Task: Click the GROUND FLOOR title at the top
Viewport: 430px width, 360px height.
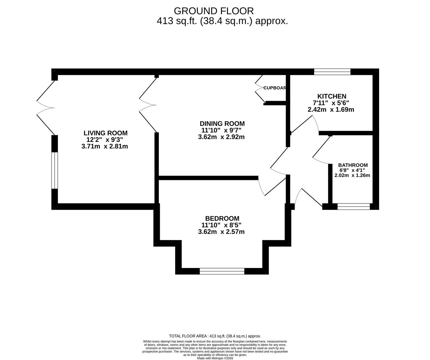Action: (214, 11)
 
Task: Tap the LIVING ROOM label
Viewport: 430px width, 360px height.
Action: (105, 133)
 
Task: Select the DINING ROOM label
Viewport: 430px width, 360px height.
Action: (222, 124)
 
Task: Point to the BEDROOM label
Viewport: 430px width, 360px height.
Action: (222, 218)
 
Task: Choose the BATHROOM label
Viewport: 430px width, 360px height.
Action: (353, 165)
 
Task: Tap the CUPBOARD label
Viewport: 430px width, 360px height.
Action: (275, 88)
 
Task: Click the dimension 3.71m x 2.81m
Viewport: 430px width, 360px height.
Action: (105, 146)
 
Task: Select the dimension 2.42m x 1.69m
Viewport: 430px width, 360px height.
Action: (331, 109)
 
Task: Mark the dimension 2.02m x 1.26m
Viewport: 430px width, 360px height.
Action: (352, 175)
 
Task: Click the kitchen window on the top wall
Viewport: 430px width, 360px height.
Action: (332, 71)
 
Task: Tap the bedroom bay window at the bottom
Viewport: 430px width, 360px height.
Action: (222, 271)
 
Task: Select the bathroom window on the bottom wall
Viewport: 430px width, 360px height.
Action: (353, 206)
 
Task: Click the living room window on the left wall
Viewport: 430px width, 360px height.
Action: (55, 170)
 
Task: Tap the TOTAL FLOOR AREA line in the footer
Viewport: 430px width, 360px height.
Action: (215, 336)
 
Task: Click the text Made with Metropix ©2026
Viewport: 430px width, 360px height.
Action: (215, 358)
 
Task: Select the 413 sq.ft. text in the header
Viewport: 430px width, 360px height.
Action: (177, 21)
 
